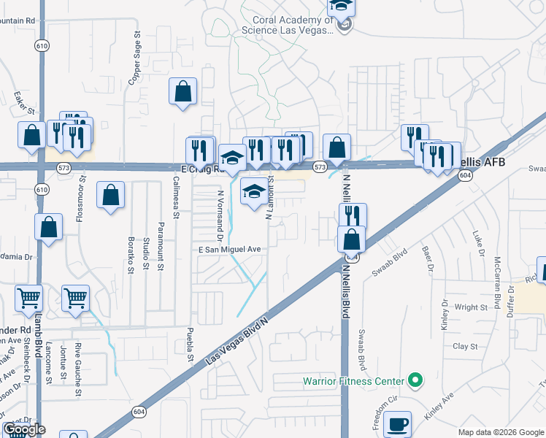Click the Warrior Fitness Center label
click(353, 381)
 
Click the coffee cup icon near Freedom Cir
click(397, 423)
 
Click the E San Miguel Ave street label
click(230, 249)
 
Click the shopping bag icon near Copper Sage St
click(182, 92)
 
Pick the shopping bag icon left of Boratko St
click(110, 195)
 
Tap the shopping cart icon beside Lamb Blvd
click(29, 297)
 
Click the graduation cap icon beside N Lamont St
click(254, 191)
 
